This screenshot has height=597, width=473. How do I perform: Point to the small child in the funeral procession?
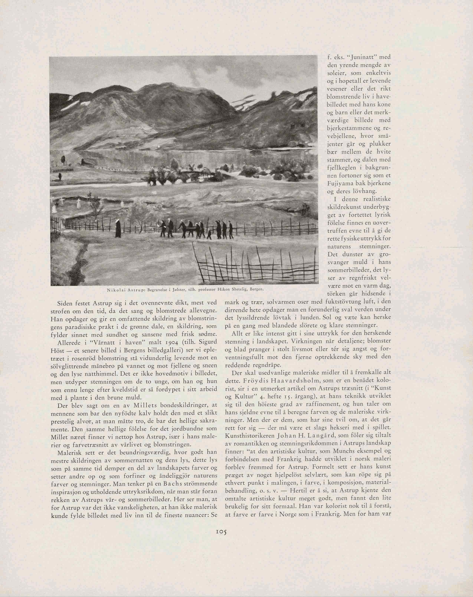[x=209, y=234]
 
